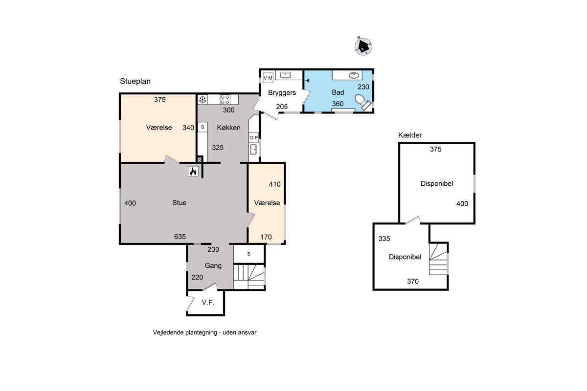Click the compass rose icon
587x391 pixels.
click(x=363, y=46)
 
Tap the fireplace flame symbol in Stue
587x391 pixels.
click(x=193, y=171)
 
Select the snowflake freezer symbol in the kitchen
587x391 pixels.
click(x=203, y=100)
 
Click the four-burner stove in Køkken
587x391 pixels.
click(x=225, y=100)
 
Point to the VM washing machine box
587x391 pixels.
click(x=268, y=78)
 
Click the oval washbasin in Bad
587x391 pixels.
click(x=354, y=75)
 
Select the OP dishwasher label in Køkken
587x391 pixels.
click(x=253, y=138)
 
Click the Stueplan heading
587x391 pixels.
click(x=135, y=82)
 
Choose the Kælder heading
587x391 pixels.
click(x=410, y=135)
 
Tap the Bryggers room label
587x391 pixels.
click(x=282, y=93)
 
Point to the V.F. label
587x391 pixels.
click(x=208, y=303)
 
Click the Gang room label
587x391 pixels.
click(x=213, y=266)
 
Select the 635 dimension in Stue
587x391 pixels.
click(x=180, y=237)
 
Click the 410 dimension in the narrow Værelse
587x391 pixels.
click(x=274, y=184)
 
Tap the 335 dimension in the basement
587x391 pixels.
click(x=384, y=239)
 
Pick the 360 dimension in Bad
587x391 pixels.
click(x=338, y=104)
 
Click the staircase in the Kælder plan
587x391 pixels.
click(x=438, y=259)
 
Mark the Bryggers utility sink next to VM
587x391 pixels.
click(x=285, y=75)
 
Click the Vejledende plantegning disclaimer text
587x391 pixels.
click(x=204, y=333)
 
